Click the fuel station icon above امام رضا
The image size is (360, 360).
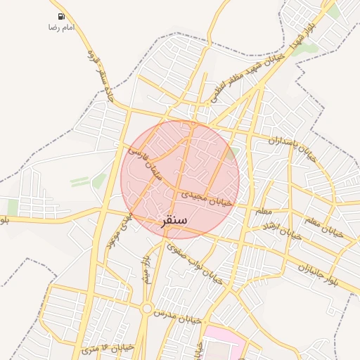pyautogui.click(x=62, y=16)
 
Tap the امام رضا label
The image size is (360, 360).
pyautogui.click(x=61, y=27)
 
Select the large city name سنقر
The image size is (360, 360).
pyautogui.click(x=174, y=221)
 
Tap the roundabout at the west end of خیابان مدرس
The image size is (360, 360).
pyautogui.click(x=147, y=308)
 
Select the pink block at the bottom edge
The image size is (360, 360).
pyautogui.click(x=225, y=345)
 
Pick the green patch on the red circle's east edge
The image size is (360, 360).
pyautogui.click(x=235, y=152)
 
